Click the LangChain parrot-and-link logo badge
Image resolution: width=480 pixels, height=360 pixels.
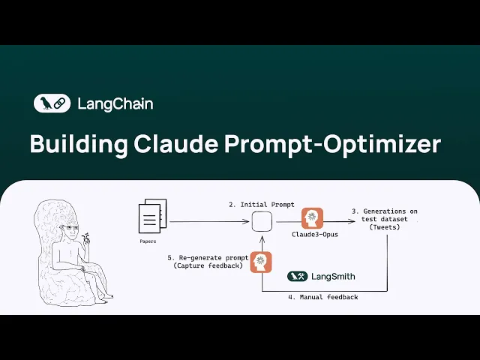pyautogui.click(x=52, y=103)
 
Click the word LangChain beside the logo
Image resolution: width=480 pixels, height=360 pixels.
pyautogui.click(x=115, y=103)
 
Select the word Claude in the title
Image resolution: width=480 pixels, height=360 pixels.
pyautogui.click(x=174, y=144)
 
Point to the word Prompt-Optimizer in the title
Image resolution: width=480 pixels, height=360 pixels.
pyautogui.click(x=332, y=144)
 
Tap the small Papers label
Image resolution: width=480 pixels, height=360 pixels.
pyautogui.click(x=148, y=241)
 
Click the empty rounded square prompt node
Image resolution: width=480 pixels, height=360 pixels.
pyautogui.click(x=261, y=222)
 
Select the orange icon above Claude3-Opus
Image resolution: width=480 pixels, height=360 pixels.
pyautogui.click(x=312, y=218)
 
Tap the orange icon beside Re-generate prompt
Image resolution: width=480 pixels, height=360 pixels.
pyautogui.click(x=260, y=262)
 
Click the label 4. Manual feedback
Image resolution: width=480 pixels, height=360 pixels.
pyautogui.click(x=322, y=298)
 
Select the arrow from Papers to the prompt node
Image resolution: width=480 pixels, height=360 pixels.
pyautogui.click(x=208, y=222)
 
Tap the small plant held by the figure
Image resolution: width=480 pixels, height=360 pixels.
pyautogui.click(x=88, y=238)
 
